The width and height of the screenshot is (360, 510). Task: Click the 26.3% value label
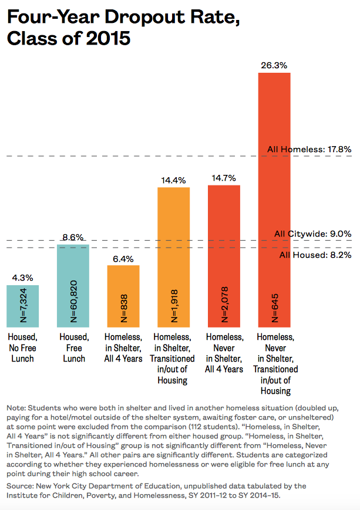point(274,66)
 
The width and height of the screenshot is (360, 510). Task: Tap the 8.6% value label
point(73,238)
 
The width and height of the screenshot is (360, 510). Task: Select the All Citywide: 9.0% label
point(312,234)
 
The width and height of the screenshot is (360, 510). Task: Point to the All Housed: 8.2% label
point(315,255)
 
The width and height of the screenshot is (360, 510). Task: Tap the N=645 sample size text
point(275,311)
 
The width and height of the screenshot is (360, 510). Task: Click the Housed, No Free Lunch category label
point(22,347)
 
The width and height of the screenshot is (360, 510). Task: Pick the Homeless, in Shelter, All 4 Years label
point(123,347)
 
